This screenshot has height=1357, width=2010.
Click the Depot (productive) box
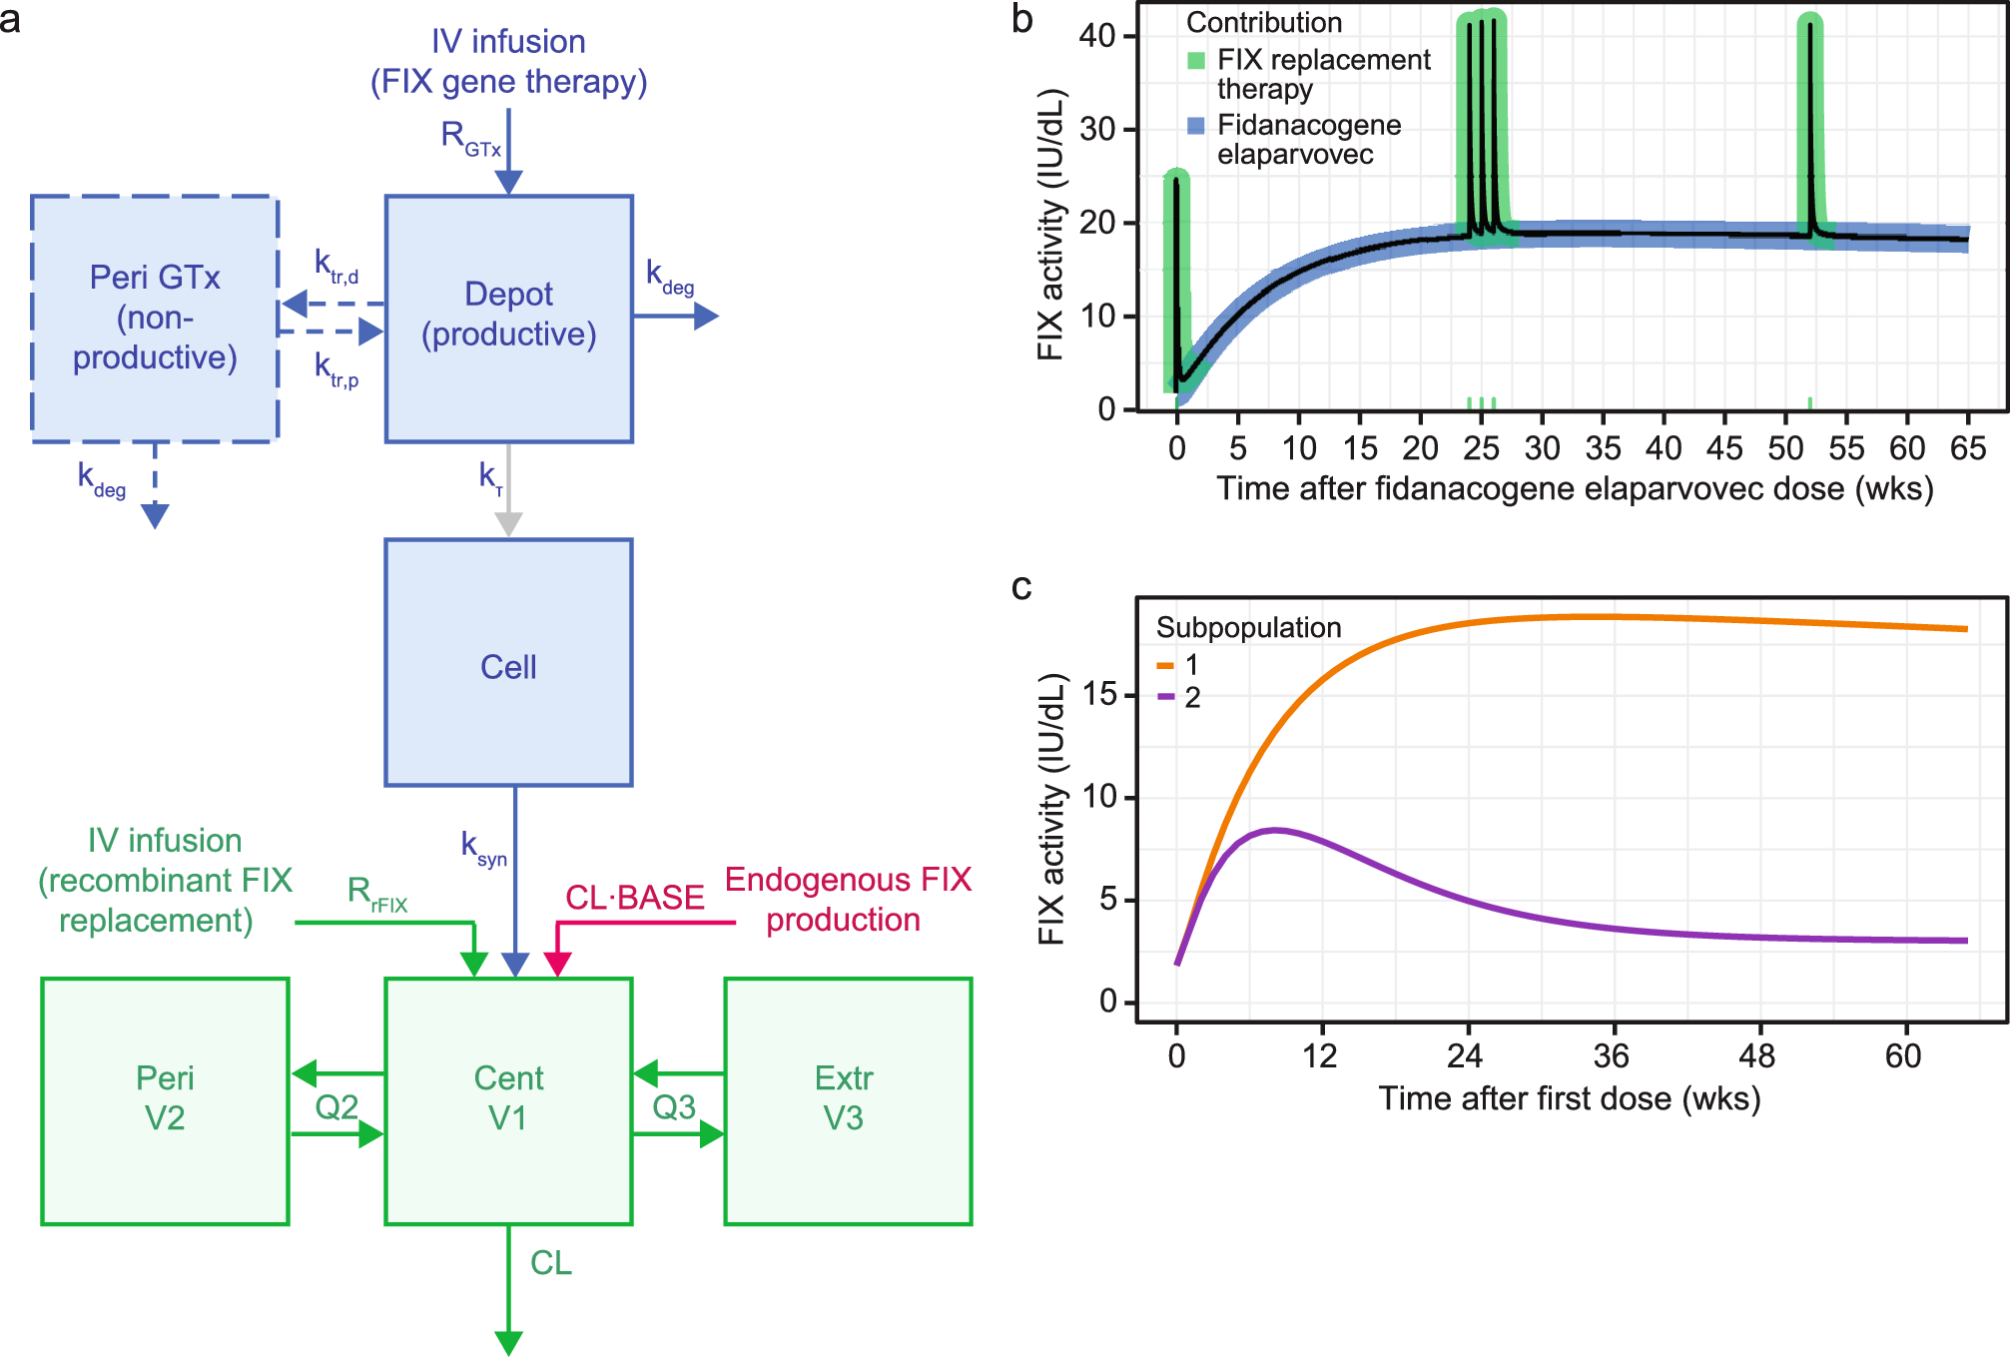[508, 318]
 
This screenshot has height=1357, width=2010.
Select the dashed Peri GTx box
[155, 318]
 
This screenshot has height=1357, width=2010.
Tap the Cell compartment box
[508, 664]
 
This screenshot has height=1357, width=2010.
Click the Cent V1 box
[508, 1099]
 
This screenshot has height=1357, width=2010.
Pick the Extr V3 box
[847, 1099]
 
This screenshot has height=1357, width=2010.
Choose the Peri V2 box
[165, 1099]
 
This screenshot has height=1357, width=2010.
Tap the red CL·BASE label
[635, 898]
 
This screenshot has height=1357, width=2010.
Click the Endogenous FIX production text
[847, 899]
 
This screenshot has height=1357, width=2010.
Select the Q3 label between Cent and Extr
[674, 1106]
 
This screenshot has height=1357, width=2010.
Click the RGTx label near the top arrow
[469, 138]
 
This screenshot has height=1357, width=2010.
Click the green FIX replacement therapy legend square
[1196, 60]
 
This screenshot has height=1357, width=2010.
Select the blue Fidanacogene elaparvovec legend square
[1196, 125]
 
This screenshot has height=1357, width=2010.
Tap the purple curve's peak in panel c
[1274, 830]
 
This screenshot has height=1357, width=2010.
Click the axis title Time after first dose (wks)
[1570, 1098]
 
